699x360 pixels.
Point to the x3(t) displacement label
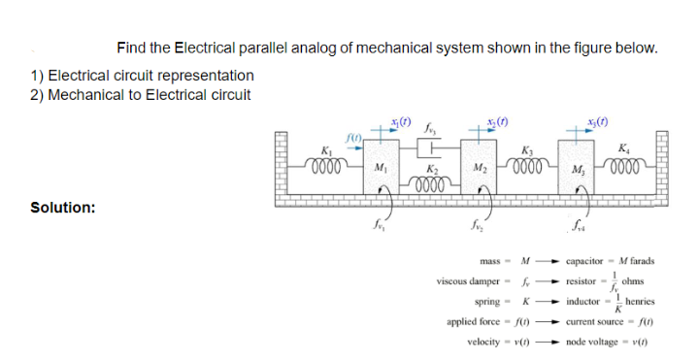click(596, 121)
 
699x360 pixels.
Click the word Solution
click(63, 207)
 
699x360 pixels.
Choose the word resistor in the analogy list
click(582, 280)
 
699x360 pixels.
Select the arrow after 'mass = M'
click(550, 261)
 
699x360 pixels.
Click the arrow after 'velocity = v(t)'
click(550, 343)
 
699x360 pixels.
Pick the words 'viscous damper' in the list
click(468, 280)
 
